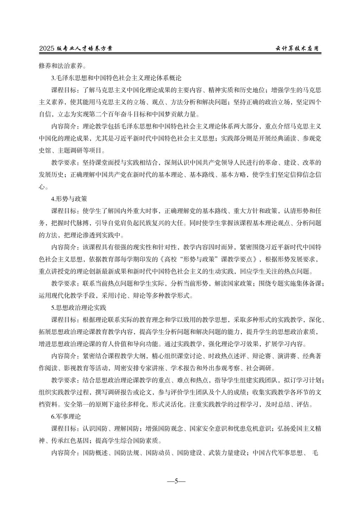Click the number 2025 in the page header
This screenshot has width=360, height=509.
(47, 49)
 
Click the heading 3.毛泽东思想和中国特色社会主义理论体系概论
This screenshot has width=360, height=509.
(116, 78)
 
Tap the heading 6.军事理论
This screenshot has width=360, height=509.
(66, 417)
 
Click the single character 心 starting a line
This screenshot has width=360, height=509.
(42, 187)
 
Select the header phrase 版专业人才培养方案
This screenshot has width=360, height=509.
(84, 49)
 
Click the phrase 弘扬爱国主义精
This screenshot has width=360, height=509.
(299, 429)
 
